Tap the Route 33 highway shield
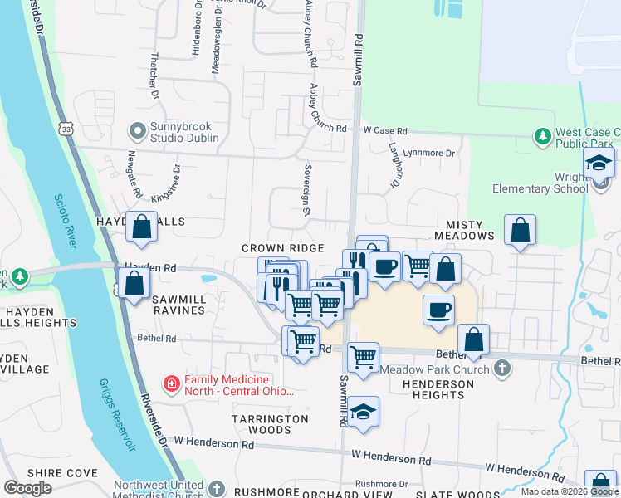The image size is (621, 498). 66,129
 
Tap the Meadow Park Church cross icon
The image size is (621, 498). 501,366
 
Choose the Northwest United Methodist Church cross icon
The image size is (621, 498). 217,489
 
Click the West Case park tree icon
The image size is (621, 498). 543,135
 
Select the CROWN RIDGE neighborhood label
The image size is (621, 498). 282,248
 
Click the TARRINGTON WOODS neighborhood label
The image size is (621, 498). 270,424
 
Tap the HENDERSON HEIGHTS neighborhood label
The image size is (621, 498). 438,389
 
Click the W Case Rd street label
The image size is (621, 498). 385,131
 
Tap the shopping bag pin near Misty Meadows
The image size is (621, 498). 520,230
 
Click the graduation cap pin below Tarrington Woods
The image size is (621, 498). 363,413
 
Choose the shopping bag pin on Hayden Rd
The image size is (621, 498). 134,283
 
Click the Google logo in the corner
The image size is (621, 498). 28,488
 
